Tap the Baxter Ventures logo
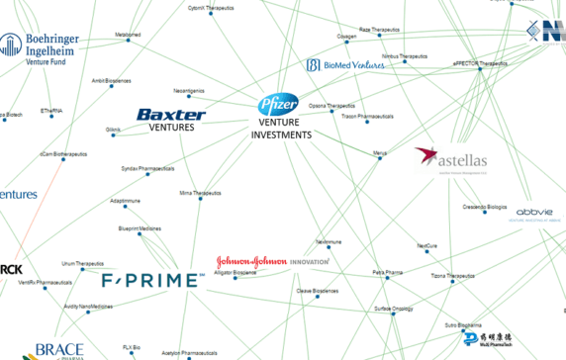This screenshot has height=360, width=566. click(171, 120)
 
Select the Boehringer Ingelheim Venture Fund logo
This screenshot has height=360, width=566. click(53, 47)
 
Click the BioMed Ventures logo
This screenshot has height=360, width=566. click(345, 65)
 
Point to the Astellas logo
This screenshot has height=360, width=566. click(450, 159)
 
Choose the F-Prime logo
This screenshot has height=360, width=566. click(149, 280)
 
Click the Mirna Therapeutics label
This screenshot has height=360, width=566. click(200, 193)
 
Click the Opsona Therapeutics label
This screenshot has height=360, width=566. click(331, 106)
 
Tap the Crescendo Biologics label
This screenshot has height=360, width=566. click(484, 207)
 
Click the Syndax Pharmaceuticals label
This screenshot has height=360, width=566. click(147, 168)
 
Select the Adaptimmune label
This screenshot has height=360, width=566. click(132, 201)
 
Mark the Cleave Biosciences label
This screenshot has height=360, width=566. click(318, 291)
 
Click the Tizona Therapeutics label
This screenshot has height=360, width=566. click(439, 276)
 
